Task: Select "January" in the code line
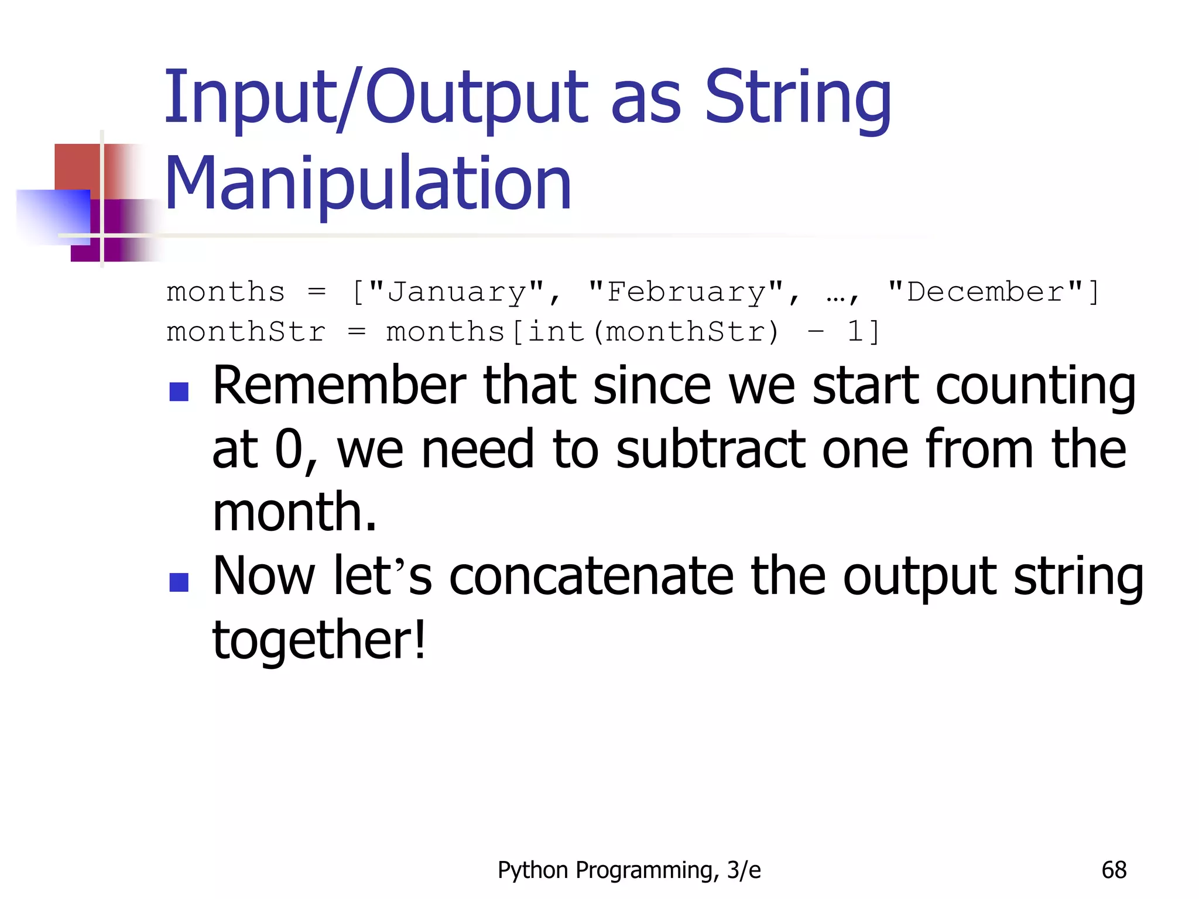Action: pos(457,292)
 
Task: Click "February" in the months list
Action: pos(686,292)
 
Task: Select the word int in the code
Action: pos(556,332)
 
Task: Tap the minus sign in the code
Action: pos(816,332)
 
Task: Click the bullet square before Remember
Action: pos(179,392)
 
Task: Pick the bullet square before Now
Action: pos(179,582)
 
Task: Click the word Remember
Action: pos(339,386)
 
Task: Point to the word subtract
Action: pos(711,449)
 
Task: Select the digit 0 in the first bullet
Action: pos(289,449)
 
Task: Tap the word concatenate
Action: pos(591,577)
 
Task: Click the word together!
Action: pos(319,640)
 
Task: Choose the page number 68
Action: pos(1114,870)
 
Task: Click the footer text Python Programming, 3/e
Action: pos(629,870)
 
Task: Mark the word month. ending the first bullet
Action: pos(294,513)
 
